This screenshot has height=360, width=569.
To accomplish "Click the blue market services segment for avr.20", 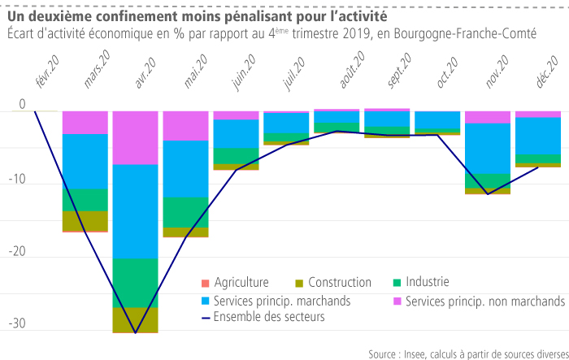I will pos(135,211).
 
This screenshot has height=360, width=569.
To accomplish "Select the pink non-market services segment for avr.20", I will pos(135,137).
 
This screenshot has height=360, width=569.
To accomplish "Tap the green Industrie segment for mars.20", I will pos(85,200).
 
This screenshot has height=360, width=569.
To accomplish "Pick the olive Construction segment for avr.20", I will pos(135,320).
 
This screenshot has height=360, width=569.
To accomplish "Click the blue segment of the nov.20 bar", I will pos(488,148).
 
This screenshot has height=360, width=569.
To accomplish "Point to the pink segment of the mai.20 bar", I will pos(185,126).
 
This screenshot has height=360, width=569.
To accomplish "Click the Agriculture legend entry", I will pos(241,283).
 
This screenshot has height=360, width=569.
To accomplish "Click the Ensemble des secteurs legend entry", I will pos(268,318).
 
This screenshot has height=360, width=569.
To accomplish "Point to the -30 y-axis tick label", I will pos(16,323).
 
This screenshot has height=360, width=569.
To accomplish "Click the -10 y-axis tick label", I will pos(16,180).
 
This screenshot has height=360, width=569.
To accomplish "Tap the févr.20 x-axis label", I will pos(47,72).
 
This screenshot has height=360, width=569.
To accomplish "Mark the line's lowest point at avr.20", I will pos(135,332).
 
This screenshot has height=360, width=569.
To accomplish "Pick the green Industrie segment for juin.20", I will pos(236,156).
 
